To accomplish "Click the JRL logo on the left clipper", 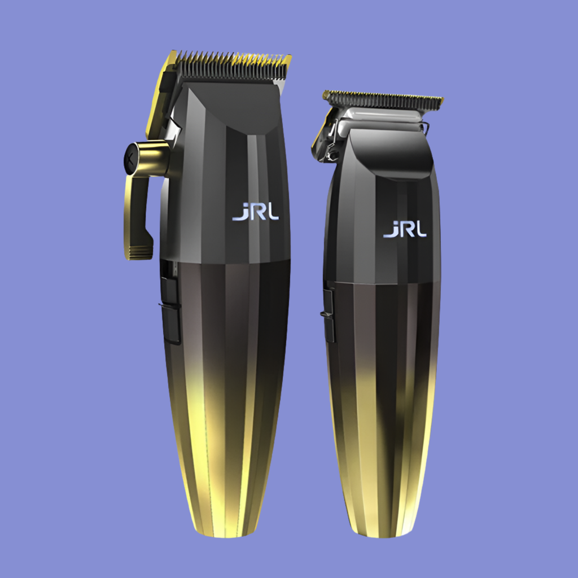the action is pos(255,213).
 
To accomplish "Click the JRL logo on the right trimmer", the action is pos(405,229).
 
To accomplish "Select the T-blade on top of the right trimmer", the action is pos(383,99).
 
